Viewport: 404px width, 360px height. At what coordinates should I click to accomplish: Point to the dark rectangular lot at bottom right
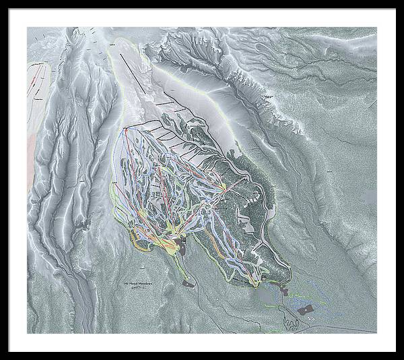[305, 309]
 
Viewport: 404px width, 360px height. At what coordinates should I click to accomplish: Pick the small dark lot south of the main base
[189, 284]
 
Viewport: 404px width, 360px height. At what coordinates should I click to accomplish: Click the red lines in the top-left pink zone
[39, 78]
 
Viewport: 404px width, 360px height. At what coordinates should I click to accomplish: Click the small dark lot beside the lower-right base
[283, 291]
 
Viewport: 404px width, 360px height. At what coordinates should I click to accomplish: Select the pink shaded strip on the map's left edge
[31, 155]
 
